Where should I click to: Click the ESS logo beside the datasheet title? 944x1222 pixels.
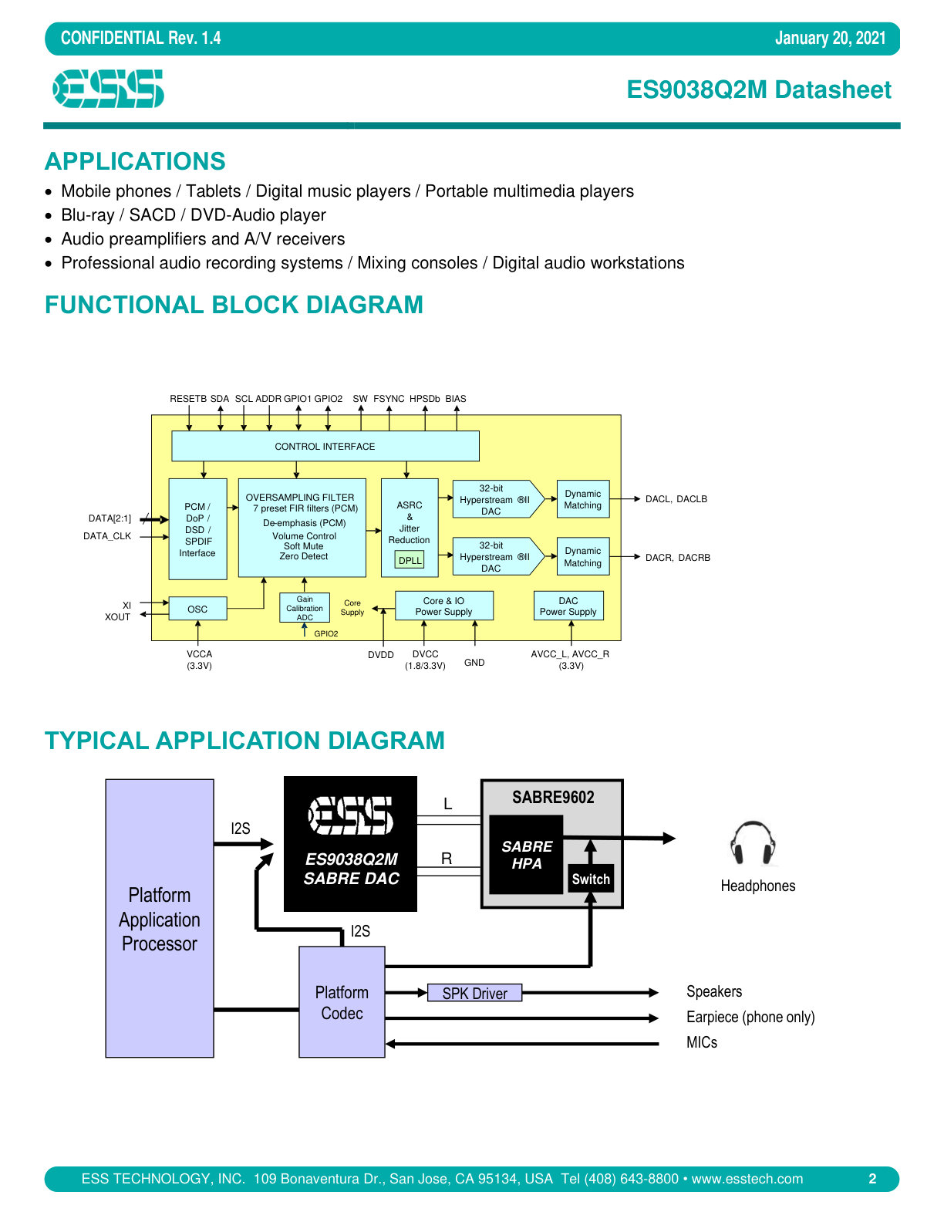pos(108,88)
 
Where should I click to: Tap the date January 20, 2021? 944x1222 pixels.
pos(830,38)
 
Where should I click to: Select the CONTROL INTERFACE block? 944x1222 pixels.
pos(325,446)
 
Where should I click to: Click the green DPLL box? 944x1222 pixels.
pos(410,560)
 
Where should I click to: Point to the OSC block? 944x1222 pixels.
pos(198,609)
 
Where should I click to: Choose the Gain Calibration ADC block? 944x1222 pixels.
pos(305,607)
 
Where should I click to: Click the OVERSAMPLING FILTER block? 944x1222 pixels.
pos(302,528)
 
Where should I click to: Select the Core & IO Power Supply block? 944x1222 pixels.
pos(444,606)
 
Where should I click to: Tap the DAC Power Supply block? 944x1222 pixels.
pos(568,606)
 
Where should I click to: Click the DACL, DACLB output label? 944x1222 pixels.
pos(676,499)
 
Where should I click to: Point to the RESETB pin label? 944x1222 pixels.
pos(188,399)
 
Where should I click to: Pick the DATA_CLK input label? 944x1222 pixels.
pos(107,536)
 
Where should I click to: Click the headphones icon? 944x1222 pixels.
pos(753,842)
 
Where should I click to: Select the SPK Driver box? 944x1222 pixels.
pos(474,993)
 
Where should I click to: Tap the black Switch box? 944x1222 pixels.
pos(590,879)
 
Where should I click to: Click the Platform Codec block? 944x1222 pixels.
pos(342,1001)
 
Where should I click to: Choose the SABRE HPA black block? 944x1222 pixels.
pos(526,855)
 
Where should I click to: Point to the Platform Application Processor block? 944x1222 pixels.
pos(160,918)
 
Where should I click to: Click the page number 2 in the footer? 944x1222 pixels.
pos(872,1178)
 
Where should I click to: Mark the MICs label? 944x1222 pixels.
pos(702,1042)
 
